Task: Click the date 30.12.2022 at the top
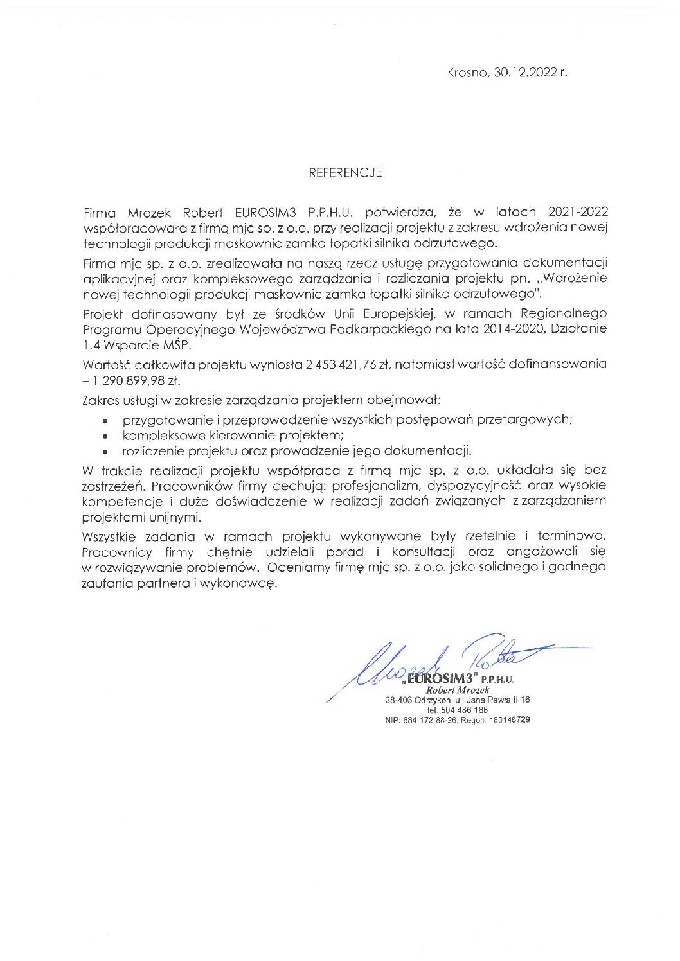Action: point(525,73)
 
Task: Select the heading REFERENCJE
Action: point(345,173)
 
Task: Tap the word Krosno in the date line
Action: point(467,73)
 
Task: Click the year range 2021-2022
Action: point(578,212)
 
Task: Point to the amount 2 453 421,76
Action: point(341,364)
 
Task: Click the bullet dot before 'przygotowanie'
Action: point(105,421)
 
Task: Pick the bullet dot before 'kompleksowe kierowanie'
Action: point(105,437)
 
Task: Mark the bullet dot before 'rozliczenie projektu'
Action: point(105,452)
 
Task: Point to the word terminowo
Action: point(570,536)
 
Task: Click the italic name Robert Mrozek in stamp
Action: point(458,690)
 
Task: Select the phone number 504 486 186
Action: point(464,710)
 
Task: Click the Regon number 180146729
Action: point(509,720)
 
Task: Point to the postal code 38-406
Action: point(398,700)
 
